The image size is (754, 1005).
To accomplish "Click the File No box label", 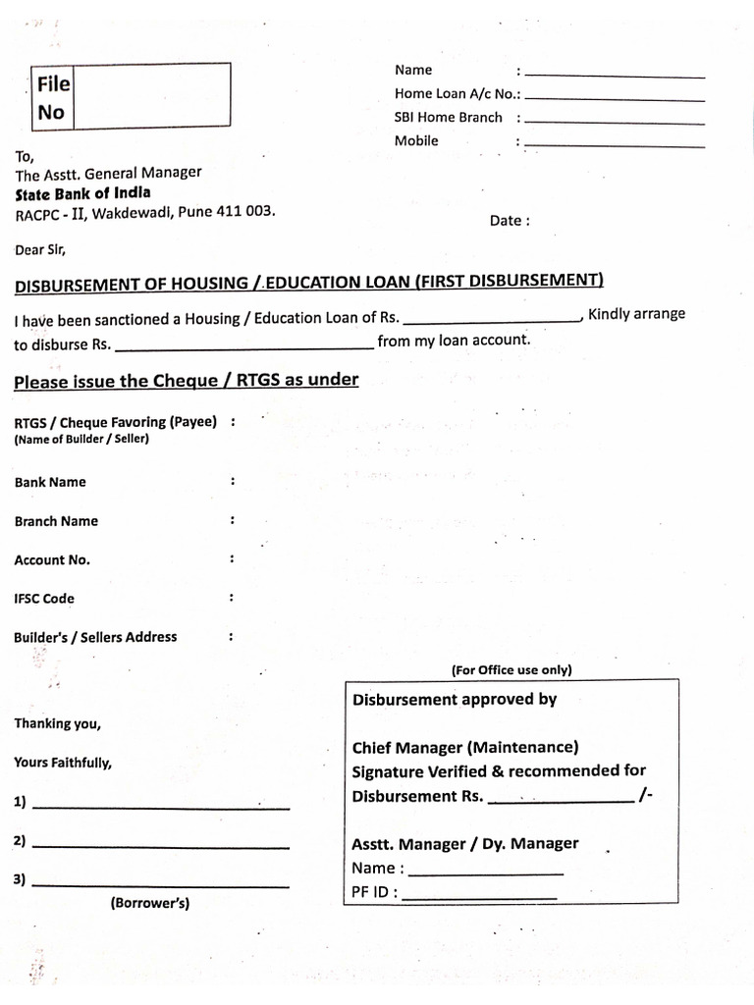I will point(52,98).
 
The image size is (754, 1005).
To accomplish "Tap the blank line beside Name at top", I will point(615,76).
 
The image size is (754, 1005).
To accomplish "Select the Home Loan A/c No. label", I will point(457,94).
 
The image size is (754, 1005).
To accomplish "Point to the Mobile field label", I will point(416,141).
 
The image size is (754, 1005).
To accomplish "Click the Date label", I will point(510,221).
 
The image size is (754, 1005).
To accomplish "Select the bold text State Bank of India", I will point(82,193).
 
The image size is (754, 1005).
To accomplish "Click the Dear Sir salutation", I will point(40,249).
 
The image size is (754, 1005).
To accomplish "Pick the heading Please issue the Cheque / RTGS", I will point(187,381).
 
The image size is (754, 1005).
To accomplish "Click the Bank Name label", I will point(50,482).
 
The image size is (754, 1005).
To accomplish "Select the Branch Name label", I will point(56,521).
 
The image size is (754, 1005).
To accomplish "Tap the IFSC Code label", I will point(44,599).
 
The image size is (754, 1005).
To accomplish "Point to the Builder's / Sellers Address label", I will point(95,637).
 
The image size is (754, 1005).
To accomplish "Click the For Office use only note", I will point(512,670).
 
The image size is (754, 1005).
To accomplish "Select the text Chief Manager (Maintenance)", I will point(465,748).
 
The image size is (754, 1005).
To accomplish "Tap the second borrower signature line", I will point(161,846).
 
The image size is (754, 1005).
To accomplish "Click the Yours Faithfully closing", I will point(63,763).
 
